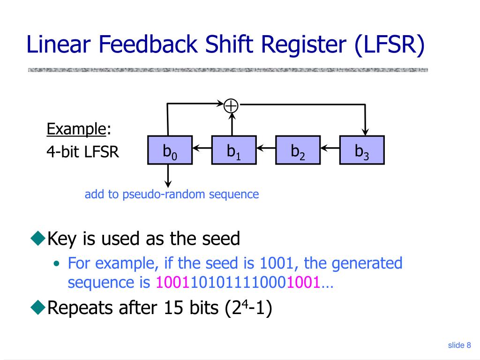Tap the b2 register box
(298, 150)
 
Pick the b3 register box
(361, 150)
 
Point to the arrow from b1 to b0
(202, 150)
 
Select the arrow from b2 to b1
(266, 150)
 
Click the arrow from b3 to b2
(330, 150)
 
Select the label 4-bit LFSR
(82, 151)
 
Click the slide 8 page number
(459, 345)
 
